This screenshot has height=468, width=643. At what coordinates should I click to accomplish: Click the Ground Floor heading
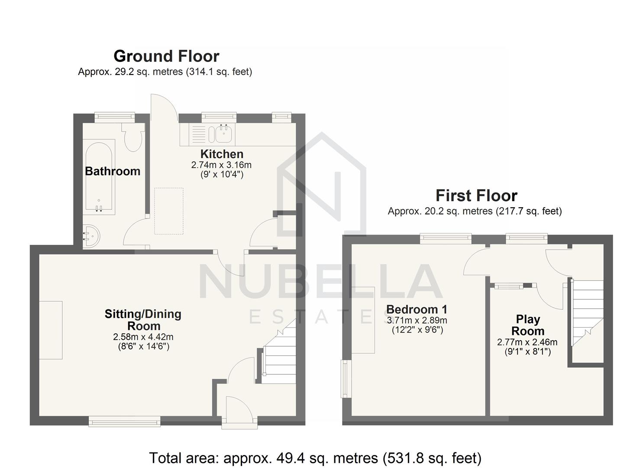pos(166,56)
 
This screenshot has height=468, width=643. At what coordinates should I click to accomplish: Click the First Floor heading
pos(476,196)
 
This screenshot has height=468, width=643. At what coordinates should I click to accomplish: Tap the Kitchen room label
pos(222,154)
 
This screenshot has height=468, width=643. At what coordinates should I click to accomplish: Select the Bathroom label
pos(113,171)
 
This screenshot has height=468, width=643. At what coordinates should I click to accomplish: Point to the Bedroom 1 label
pos(417,309)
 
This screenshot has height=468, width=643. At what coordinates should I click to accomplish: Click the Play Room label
pos(528,325)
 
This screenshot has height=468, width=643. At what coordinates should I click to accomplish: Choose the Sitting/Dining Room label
pos(143,320)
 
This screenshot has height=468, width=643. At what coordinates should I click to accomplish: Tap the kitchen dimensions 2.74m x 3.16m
pos(221,165)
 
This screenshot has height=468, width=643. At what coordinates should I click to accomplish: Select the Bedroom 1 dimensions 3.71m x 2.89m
pos(417,321)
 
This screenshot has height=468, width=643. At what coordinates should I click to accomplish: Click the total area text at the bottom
pos(315,458)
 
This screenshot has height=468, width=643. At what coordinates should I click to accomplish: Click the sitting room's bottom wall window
pos(125,420)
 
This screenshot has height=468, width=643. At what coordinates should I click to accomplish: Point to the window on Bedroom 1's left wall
pos(345,378)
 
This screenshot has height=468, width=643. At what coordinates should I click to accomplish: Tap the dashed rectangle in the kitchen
pos(169,211)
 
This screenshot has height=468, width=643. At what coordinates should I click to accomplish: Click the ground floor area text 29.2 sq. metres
pos(165,72)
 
